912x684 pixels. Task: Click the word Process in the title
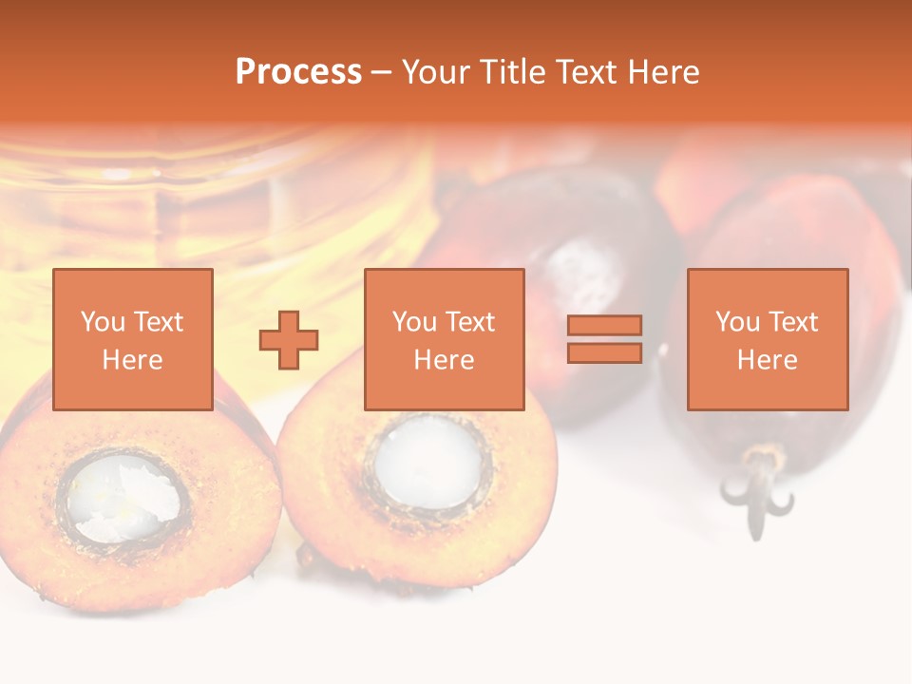point(298,72)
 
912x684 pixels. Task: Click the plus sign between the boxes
point(289,340)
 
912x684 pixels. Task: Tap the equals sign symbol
point(604,339)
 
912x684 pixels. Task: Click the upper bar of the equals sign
point(604,326)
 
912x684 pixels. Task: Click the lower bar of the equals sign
point(604,353)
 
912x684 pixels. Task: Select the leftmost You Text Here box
point(133,339)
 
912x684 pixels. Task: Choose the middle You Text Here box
point(444,339)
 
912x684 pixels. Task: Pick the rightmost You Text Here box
point(768,339)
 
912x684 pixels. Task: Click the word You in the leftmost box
point(102,322)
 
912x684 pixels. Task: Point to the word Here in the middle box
point(444,360)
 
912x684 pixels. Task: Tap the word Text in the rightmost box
point(791,322)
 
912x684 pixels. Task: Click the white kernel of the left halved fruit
point(122,497)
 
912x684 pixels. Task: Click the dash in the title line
point(382,72)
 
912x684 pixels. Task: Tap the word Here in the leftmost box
point(133,360)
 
